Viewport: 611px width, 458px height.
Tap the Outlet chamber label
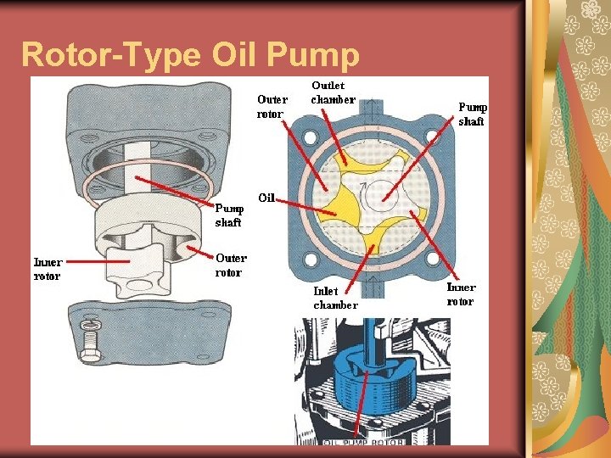(333, 92)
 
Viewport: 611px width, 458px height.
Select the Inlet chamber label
(336, 298)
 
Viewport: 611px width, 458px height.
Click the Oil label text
(266, 198)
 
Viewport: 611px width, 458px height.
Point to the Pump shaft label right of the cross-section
(472, 114)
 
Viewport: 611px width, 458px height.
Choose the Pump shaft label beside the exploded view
(228, 215)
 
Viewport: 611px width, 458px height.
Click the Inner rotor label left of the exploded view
(47, 269)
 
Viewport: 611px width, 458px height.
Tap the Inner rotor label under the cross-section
(461, 294)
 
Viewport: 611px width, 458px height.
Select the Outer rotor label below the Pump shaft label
(231, 265)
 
